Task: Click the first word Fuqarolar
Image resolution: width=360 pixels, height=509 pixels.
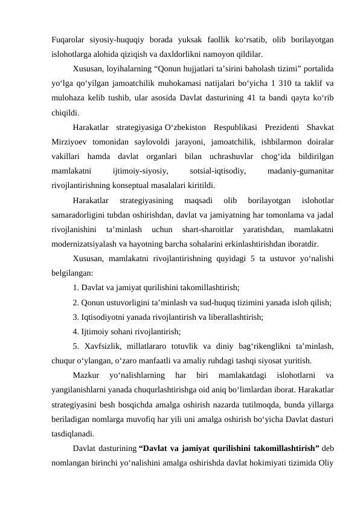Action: pyautogui.click(x=68, y=39)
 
